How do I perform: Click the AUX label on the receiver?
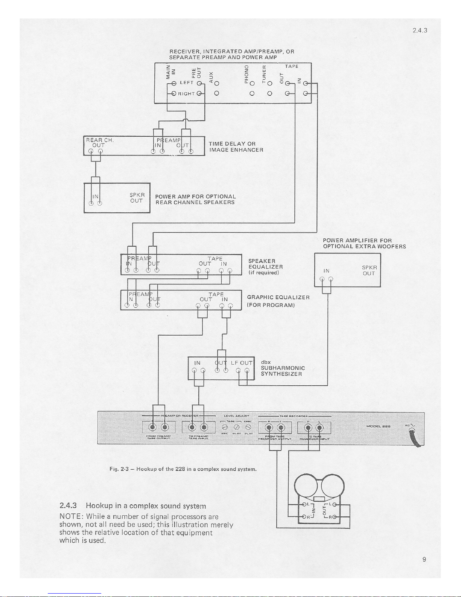tap(211, 76)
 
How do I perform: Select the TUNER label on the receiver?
tap(264, 74)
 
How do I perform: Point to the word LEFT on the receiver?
tap(187, 82)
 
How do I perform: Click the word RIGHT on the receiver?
tap(186, 93)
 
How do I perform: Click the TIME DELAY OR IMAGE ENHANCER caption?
tap(236, 147)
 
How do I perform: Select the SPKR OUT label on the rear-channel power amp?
tap(137, 198)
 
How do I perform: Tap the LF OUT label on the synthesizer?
tap(241, 363)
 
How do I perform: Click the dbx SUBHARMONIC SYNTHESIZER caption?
tap(282, 368)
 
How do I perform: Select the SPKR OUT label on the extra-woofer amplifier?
tap(369, 270)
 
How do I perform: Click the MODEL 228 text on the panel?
tap(378, 426)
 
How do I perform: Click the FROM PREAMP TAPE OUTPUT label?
tap(158, 437)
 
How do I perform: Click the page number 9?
tap(424, 559)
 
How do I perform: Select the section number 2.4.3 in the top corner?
tap(419, 31)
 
